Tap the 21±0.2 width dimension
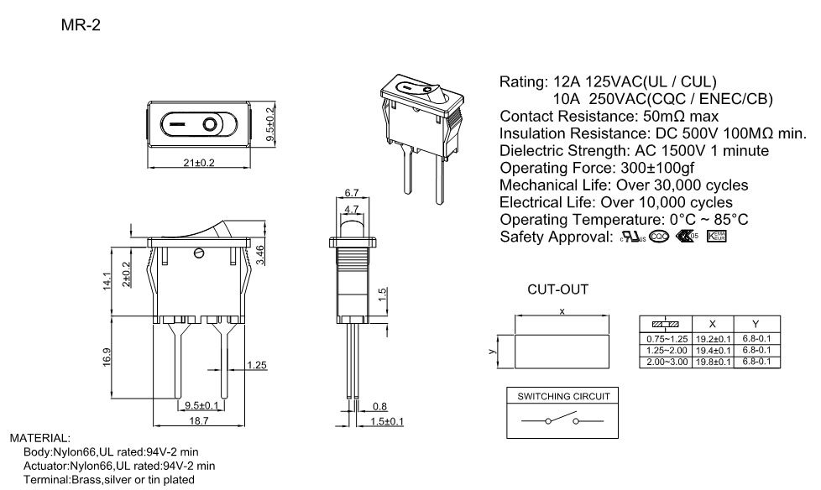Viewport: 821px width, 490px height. (x=199, y=162)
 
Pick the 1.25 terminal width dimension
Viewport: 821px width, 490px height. (x=257, y=365)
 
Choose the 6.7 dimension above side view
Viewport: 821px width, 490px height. (x=352, y=193)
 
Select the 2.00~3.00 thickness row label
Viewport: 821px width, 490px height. (x=667, y=361)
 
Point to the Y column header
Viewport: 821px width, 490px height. (x=756, y=323)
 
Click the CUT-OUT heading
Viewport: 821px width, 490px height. (x=557, y=289)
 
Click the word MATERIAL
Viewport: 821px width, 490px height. (x=39, y=438)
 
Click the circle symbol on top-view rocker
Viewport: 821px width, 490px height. (x=209, y=126)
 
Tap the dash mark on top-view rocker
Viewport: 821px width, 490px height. (x=177, y=126)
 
